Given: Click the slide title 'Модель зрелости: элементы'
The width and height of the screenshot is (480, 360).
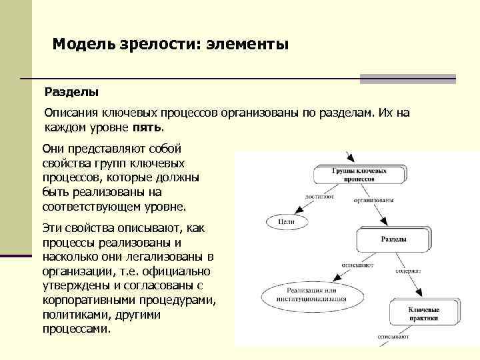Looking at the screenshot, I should point(170,45).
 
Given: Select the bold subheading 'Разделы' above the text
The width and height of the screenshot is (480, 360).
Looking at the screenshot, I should point(71,89).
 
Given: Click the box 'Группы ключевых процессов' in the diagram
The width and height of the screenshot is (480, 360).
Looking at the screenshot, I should point(359,174).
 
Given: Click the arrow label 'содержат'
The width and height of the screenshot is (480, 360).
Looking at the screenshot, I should point(407,272).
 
